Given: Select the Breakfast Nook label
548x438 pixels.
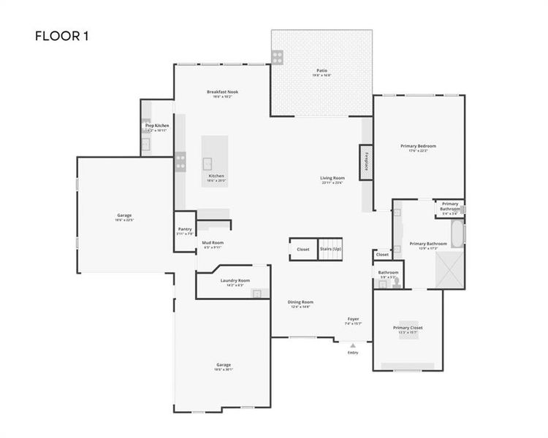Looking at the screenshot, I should [222, 93].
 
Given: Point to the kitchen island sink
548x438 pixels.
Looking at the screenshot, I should [208, 162].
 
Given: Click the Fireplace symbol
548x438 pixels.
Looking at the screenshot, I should [365, 161].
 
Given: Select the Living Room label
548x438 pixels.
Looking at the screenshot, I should [332, 180].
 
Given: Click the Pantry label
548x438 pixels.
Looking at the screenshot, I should [185, 230].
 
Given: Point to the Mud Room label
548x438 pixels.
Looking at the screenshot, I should [213, 244].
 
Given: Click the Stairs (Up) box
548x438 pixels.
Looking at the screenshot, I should [331, 249].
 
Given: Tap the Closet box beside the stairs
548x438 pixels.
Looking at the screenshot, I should [302, 249].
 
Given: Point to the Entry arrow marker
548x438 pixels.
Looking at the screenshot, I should [353, 345].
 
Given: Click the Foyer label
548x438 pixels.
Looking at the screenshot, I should [353, 320].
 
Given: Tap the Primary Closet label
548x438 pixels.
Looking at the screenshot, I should [408, 328].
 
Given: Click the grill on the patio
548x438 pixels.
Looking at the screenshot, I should [278, 55].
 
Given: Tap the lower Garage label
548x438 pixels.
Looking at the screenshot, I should [223, 366].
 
